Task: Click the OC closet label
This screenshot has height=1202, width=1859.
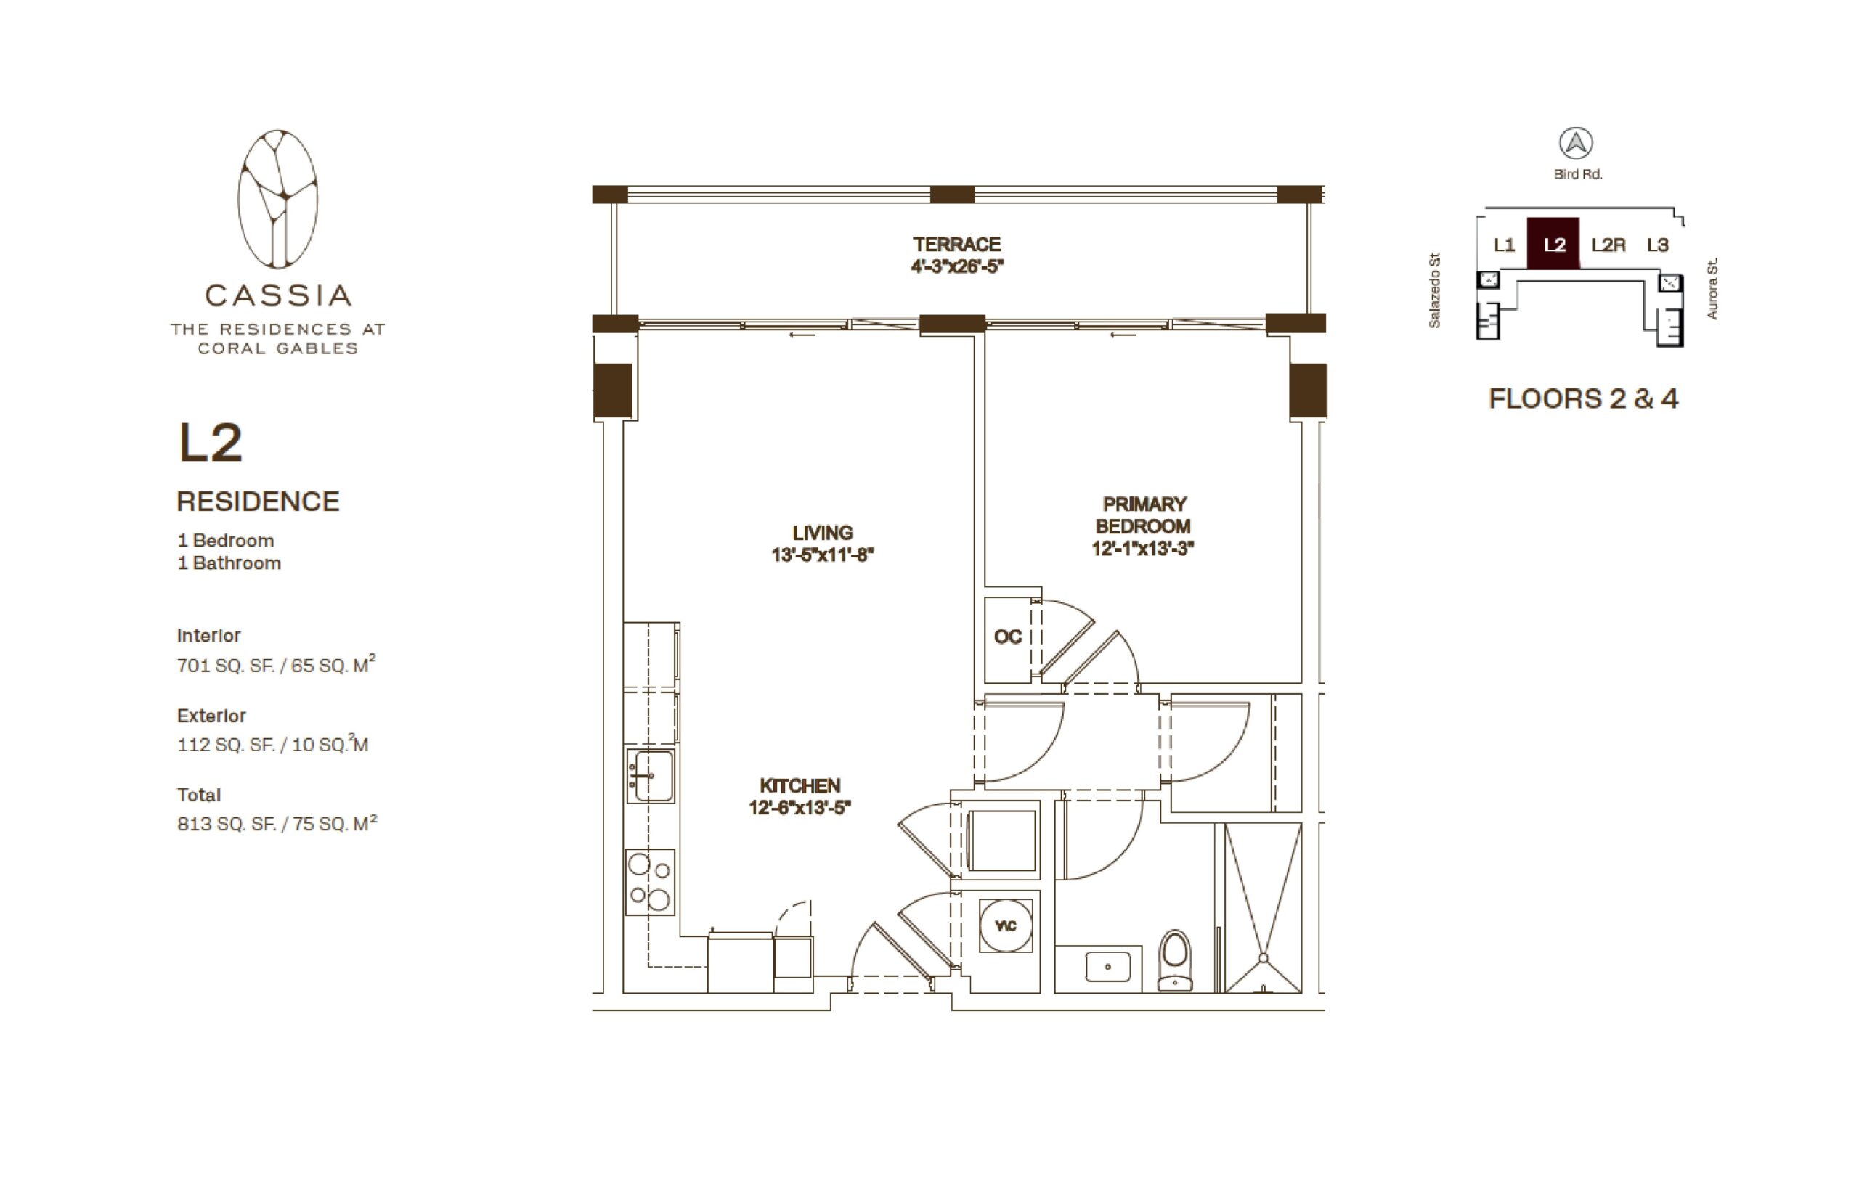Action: [1007, 637]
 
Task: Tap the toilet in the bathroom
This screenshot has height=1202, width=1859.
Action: [1174, 960]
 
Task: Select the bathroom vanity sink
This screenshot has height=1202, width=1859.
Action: [1107, 967]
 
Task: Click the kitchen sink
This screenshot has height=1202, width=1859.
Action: [651, 775]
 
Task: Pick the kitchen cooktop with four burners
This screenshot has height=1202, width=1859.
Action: [650, 882]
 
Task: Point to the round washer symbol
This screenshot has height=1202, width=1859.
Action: [1006, 925]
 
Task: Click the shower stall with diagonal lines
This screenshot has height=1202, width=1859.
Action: [1263, 909]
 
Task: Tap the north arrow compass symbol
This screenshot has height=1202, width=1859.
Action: [1576, 144]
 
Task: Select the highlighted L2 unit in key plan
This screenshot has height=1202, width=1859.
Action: [1553, 244]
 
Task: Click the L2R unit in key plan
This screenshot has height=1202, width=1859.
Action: [1608, 245]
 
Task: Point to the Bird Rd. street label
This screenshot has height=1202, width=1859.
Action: [1577, 174]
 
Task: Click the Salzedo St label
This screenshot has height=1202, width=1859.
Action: [1433, 290]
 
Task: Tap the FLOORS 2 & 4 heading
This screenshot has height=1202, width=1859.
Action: [1582, 398]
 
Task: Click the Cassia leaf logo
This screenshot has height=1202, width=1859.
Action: [277, 199]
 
